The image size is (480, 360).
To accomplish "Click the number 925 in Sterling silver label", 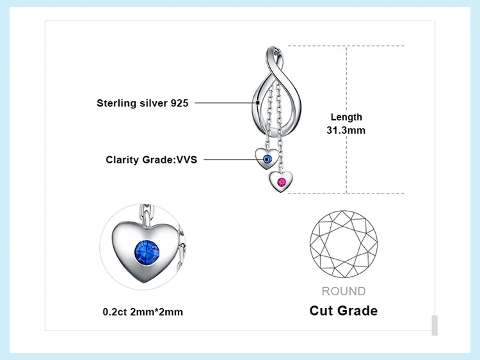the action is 179,103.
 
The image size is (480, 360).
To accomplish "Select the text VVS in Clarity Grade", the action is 187,160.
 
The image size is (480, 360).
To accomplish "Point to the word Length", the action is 346,117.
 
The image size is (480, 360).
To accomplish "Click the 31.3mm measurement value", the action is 346,130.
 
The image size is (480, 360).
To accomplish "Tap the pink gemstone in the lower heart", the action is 282,183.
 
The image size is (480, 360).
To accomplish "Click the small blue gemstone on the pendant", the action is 268,159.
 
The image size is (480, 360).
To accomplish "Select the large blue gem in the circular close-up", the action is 147,253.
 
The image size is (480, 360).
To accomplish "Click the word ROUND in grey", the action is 344,291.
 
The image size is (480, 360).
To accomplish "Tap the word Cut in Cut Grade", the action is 320,311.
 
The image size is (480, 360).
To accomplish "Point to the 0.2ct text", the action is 115,312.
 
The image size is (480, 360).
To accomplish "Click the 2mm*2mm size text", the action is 156,312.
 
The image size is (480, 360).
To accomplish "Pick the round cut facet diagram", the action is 344,244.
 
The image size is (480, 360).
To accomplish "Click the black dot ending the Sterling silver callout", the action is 258,103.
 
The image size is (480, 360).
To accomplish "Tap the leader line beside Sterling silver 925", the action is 225,103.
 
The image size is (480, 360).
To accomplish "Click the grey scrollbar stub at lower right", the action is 435,325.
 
